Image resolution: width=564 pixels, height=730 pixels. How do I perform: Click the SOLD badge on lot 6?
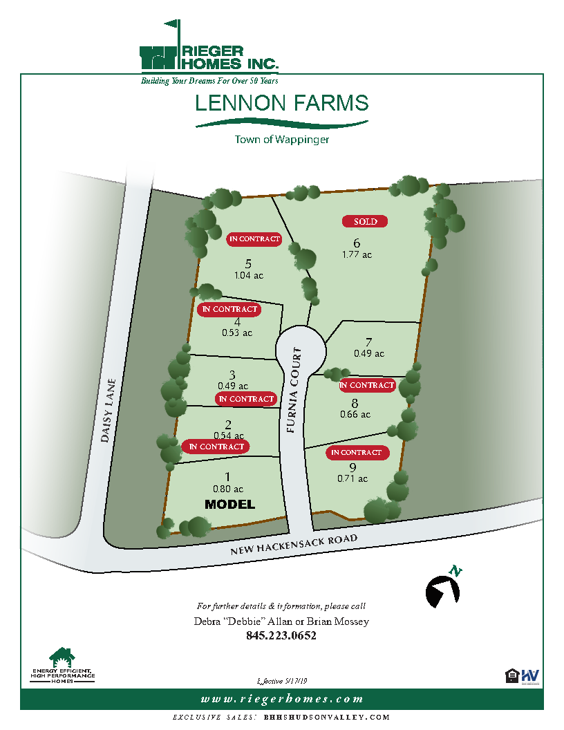pos(366,222)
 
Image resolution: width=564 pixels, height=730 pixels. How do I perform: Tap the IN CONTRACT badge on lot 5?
pos(254,239)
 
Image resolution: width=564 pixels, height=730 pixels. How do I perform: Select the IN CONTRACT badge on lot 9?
pos(356,453)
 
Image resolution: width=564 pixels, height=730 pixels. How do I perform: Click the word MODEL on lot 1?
pos(230,505)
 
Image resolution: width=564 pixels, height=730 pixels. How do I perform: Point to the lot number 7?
pos(369,342)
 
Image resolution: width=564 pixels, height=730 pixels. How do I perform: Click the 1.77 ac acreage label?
pos(357,254)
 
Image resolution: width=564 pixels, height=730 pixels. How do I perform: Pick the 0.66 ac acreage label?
pos(355,415)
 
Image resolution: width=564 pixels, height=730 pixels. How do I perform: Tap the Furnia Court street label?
pos(295,391)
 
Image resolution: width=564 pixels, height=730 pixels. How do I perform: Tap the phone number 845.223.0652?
pos(281,636)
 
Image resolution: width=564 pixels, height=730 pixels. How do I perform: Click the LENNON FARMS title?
pos(281,104)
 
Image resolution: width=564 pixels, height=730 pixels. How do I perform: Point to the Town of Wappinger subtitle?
pos(281,139)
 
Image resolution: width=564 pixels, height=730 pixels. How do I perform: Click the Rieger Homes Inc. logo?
pos(209,59)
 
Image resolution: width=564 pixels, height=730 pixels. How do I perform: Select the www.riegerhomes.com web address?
pos(281,699)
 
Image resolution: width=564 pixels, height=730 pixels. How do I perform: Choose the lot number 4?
pos(237,321)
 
